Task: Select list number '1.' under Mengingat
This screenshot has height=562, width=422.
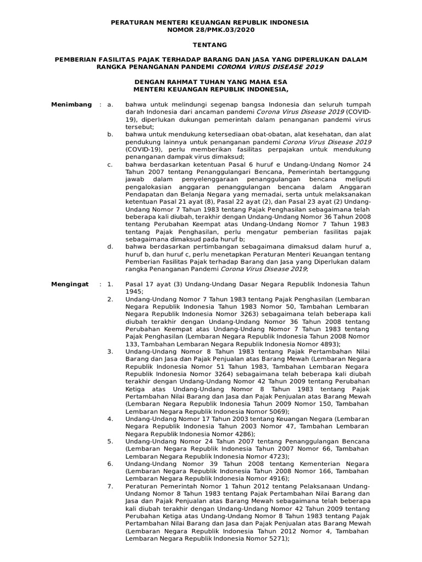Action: [x=110, y=284]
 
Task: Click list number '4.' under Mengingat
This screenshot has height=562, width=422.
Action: [x=110, y=419]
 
